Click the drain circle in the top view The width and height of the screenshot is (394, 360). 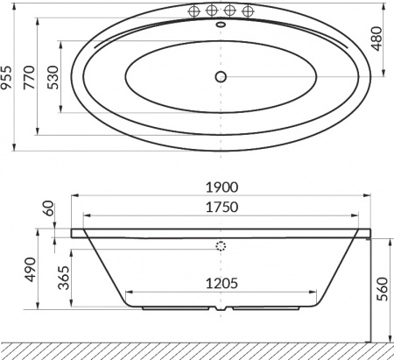[x=222, y=77]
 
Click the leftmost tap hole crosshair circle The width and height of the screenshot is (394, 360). [x=193, y=11]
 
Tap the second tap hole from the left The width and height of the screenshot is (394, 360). [x=211, y=11]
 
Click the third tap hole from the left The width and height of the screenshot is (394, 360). [x=229, y=11]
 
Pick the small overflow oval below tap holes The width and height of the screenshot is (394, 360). [x=221, y=25]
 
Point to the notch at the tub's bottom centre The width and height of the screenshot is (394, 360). [x=222, y=309]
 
